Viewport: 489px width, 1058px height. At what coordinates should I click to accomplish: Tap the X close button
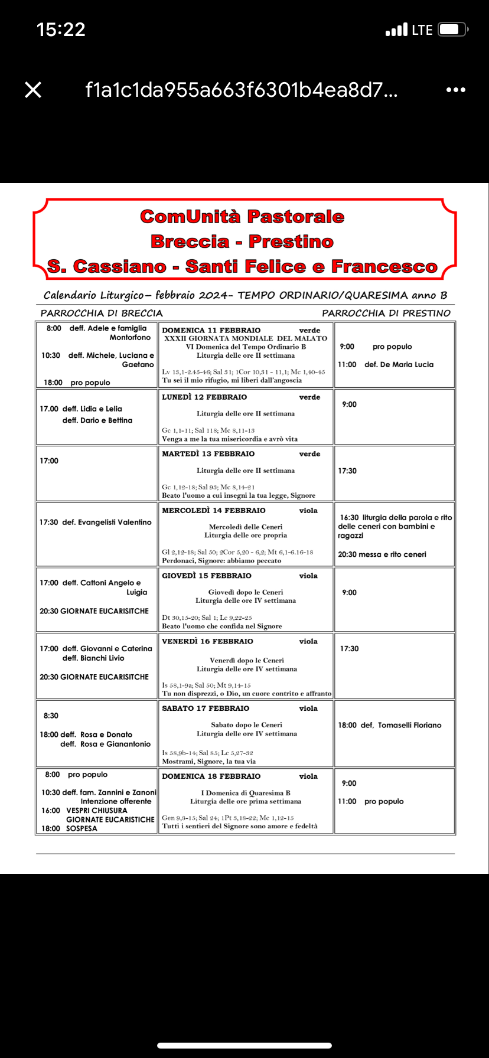(33, 90)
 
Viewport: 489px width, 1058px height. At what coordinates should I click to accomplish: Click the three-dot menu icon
(455, 90)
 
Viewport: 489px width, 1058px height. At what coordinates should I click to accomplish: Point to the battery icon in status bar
(454, 30)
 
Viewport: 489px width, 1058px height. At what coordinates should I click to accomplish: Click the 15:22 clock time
(61, 30)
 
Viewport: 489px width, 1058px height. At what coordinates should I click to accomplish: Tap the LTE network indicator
(422, 30)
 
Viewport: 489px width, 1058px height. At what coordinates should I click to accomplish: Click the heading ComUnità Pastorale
(242, 217)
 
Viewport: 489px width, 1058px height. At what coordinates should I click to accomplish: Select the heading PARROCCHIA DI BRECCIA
(102, 313)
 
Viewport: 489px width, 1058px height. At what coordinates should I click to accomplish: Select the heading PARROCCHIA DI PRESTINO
(386, 313)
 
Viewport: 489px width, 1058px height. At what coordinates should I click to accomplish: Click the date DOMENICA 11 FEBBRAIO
(211, 331)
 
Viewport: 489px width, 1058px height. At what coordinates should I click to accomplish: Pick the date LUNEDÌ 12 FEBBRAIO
(204, 397)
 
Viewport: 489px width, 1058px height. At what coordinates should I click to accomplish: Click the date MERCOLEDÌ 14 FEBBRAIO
(214, 511)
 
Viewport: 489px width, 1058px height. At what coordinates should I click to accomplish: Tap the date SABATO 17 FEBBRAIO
(206, 708)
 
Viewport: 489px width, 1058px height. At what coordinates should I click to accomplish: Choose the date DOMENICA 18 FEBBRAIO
(211, 776)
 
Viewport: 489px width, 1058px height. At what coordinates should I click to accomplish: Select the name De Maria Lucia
(407, 364)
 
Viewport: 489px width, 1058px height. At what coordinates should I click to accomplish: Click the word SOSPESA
(81, 828)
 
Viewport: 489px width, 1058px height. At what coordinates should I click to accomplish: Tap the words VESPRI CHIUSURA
(96, 811)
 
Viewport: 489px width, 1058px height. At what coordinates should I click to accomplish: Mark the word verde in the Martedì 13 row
(309, 454)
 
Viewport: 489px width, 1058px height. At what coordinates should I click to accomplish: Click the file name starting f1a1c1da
(241, 90)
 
